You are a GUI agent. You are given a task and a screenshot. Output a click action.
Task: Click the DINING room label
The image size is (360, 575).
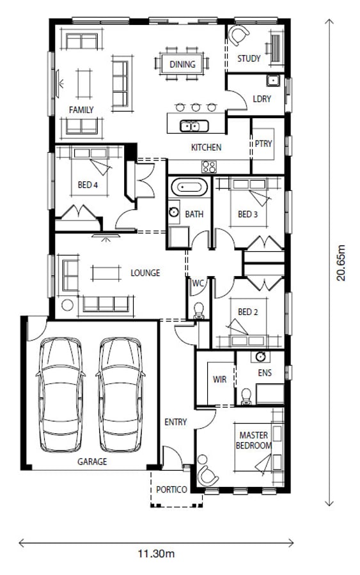click(x=182, y=65)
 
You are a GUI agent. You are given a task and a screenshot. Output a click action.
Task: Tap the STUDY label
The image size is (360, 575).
click(x=249, y=58)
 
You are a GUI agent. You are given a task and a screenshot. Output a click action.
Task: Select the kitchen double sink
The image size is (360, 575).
click(x=194, y=126)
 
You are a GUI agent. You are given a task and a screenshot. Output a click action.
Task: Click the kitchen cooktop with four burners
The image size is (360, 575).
click(x=209, y=167)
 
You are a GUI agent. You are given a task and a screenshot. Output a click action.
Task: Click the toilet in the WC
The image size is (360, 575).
click(x=198, y=310)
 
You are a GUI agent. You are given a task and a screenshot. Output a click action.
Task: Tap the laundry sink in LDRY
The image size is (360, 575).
click(x=273, y=80)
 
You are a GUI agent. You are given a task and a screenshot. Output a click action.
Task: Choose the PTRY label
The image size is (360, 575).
click(x=263, y=143)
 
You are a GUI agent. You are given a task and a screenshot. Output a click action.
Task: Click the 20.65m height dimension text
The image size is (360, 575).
click(x=341, y=263)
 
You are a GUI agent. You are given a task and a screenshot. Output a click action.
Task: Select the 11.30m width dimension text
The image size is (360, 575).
click(x=156, y=553)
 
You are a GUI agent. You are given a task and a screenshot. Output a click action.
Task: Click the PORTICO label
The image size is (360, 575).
click(x=171, y=489)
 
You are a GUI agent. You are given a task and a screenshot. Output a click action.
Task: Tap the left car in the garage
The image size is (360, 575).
click(x=61, y=395)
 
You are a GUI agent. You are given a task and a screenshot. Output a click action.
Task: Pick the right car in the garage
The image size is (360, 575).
click(x=121, y=395)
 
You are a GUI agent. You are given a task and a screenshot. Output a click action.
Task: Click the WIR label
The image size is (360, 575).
click(x=219, y=379)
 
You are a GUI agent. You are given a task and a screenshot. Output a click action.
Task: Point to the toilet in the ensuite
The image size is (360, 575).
click(x=246, y=397)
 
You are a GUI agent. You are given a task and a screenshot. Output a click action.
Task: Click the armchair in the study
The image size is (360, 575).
click(x=239, y=35)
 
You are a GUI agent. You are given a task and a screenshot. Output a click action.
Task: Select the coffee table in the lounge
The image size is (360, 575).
click(x=106, y=273)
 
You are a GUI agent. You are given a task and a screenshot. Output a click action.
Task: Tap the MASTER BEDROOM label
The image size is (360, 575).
click(x=254, y=440)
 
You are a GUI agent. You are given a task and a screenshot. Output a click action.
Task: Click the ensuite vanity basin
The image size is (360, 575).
click(x=260, y=356)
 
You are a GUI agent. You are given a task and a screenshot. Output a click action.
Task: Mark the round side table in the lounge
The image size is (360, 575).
click(x=67, y=304)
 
